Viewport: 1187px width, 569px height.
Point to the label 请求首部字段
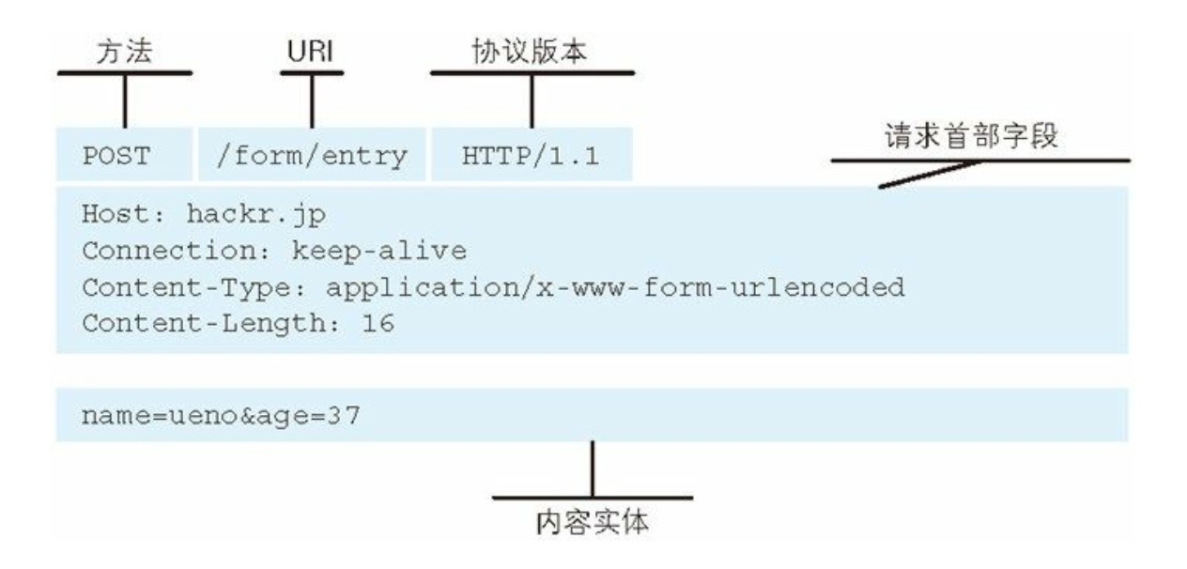[973, 138]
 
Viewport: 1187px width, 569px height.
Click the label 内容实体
[592, 522]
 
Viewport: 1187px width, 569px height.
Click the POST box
[123, 156]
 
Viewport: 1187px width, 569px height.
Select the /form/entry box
[311, 156]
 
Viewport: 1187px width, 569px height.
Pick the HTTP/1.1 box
[531, 156]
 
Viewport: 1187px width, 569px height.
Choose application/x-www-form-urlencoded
[615, 287]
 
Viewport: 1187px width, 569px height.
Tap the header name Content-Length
[202, 324]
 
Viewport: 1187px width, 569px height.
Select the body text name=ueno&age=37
[221, 414]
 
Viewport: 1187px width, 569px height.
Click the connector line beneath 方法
[124, 101]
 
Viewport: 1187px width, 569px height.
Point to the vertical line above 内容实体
[592, 469]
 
